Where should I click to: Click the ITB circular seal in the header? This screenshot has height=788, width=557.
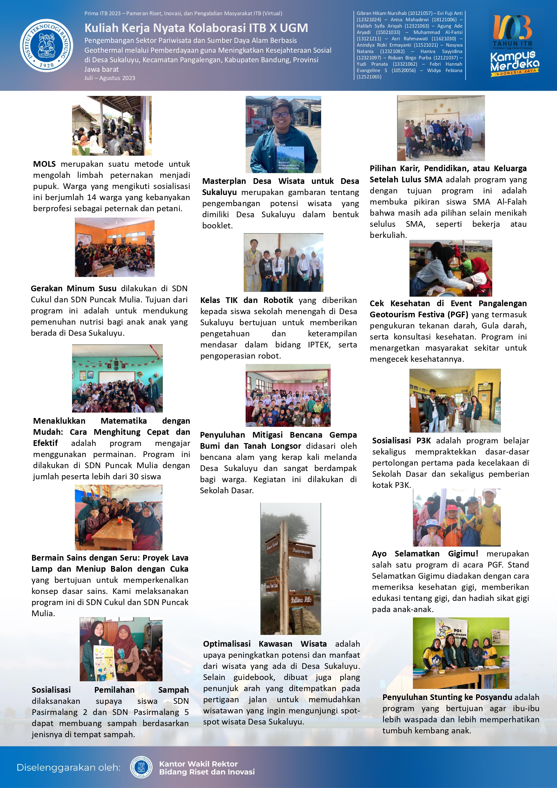coord(46,45)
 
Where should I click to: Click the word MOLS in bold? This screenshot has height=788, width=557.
coord(44,164)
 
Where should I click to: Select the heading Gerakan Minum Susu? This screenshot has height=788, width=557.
coord(73,288)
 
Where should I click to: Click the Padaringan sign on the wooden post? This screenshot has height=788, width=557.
coord(301,551)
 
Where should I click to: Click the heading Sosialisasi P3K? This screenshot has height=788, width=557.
coord(401,441)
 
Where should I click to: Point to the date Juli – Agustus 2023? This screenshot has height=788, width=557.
coord(110,78)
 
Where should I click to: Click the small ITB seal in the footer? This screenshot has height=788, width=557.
coord(141,767)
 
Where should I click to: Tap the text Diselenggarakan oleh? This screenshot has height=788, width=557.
coord(69,767)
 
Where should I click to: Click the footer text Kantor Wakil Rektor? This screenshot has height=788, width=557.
coord(198,764)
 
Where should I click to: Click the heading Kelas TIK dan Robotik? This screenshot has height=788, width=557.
coord(246,300)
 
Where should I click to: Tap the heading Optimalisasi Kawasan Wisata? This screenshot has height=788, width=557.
coord(264,644)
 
